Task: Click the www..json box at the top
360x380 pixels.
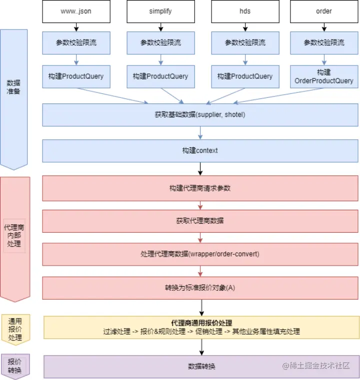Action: coord(75,11)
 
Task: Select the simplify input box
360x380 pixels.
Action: coord(160,11)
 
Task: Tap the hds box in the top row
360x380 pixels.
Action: coord(244,11)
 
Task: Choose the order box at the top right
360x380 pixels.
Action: coord(323,11)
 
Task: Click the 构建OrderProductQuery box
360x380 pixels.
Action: coord(323,76)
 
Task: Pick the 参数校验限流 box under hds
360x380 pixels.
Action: coord(244,43)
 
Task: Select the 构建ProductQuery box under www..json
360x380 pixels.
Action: coord(75,76)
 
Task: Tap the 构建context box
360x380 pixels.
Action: coord(200,150)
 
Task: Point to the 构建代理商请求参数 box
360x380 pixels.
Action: coord(200,188)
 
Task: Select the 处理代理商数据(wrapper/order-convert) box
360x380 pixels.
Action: coord(200,254)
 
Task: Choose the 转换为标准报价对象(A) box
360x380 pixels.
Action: coord(200,288)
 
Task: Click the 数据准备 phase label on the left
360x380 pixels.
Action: coord(14,87)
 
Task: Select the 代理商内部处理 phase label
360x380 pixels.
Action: coord(14,235)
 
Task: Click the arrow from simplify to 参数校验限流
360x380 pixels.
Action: coord(160,27)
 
